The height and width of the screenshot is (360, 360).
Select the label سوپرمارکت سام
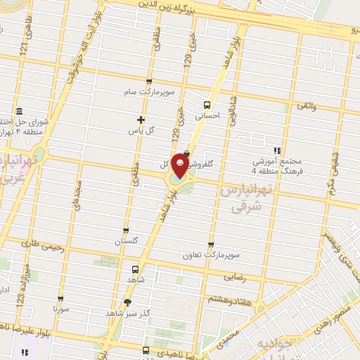tap(160, 92)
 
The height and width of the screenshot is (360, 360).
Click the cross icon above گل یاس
tap(141, 120)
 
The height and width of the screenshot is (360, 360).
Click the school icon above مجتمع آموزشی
tap(277, 150)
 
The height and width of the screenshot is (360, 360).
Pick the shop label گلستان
tap(127, 241)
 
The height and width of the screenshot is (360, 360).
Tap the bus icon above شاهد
tap(135, 268)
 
